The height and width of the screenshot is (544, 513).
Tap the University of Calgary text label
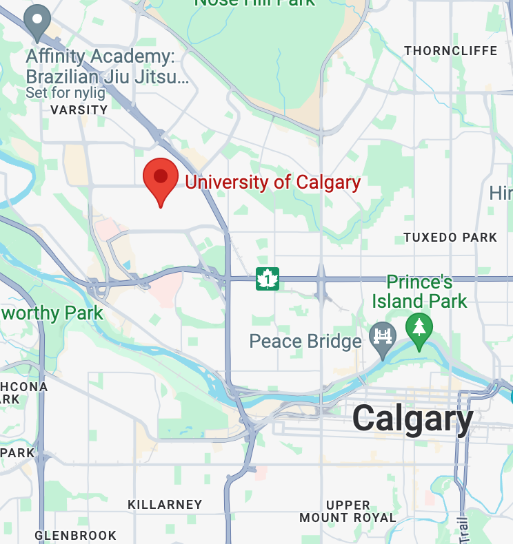(273, 182)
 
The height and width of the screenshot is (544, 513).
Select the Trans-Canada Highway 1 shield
(268, 279)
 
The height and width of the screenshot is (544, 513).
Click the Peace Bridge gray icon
(382, 337)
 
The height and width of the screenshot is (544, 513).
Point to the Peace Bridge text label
(305, 341)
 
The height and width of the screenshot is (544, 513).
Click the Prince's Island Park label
(419, 291)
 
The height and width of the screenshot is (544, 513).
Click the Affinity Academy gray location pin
(37, 21)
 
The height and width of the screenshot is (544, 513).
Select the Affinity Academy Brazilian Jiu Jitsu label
(107, 65)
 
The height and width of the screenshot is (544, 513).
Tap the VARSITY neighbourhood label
(79, 109)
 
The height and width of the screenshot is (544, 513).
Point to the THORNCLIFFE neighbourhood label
(450, 51)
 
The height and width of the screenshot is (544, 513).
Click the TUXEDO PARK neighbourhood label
(450, 238)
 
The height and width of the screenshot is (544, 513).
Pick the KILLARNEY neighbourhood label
(165, 505)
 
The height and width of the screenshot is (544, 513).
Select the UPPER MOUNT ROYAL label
(348, 512)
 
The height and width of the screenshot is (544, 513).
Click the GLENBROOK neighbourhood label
(76, 535)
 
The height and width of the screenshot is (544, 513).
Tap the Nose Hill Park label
(254, 3)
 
